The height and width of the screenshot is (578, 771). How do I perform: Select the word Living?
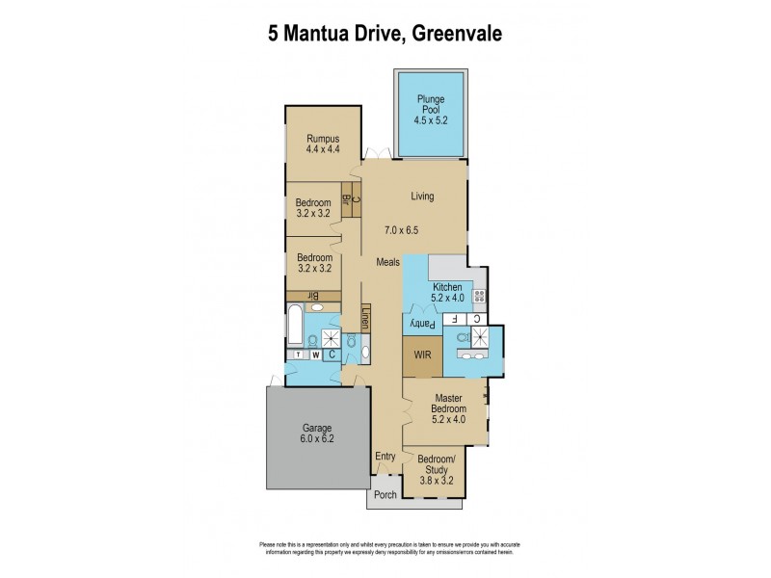click(422, 197)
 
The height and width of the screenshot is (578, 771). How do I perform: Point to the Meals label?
click(388, 262)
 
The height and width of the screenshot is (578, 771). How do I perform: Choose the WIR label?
click(421, 355)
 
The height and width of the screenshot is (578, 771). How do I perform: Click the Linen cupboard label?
click(366, 318)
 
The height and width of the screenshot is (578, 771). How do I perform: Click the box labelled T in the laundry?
click(297, 354)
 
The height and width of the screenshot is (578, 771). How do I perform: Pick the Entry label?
click(385, 458)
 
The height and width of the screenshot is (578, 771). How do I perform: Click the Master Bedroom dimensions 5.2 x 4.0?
click(450, 418)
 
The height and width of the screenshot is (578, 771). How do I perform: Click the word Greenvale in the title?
click(456, 34)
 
